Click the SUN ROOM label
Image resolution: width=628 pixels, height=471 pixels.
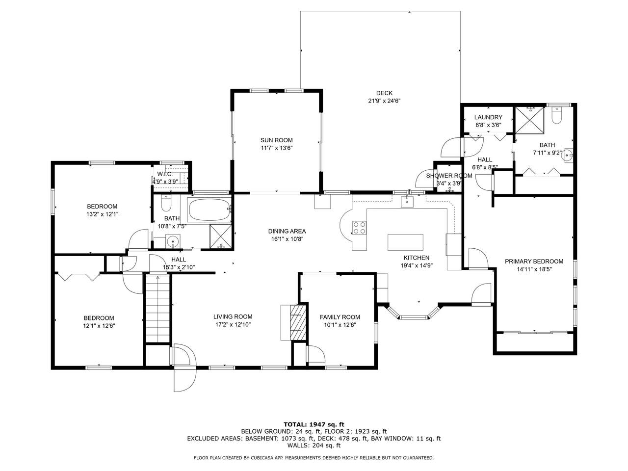click(x=276, y=140)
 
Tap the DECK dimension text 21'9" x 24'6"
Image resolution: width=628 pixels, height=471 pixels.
click(x=384, y=101)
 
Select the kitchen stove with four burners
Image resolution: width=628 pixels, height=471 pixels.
click(x=359, y=228)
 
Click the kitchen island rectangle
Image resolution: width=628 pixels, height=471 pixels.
click(x=405, y=242)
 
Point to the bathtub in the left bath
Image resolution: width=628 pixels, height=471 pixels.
click(x=209, y=209)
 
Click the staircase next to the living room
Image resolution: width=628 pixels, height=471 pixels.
click(x=157, y=308)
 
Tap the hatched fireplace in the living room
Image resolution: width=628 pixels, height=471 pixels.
click(x=298, y=322)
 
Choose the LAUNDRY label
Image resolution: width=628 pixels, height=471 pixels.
click(x=488, y=117)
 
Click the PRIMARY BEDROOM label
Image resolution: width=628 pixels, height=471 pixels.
click(x=534, y=262)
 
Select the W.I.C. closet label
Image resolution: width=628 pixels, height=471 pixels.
click(x=165, y=174)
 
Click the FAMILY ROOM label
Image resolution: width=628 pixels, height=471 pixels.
click(x=340, y=317)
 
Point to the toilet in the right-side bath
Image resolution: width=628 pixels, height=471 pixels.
click(x=557, y=115)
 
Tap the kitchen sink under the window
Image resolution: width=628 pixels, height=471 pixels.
click(x=407, y=201)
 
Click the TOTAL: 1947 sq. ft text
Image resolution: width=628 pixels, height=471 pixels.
click(x=314, y=424)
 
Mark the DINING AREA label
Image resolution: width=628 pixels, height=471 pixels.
click(x=287, y=231)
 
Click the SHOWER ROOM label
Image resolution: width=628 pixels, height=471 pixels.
click(x=449, y=176)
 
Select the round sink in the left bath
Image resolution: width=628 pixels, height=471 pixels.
click(x=173, y=241)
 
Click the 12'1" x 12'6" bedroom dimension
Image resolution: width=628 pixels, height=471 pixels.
click(x=99, y=325)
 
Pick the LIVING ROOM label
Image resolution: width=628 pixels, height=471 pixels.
click(x=233, y=316)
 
